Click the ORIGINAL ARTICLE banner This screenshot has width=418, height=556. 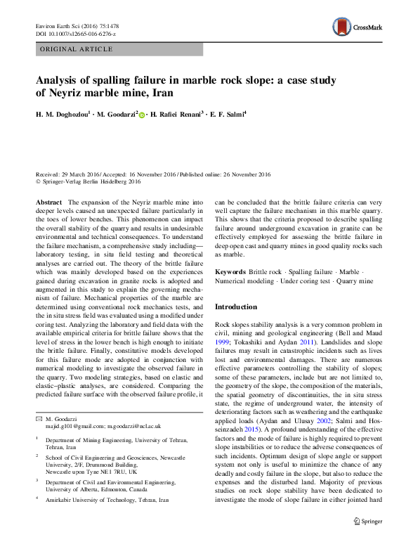(x=77, y=49)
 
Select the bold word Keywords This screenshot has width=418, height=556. (x=230, y=271)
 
